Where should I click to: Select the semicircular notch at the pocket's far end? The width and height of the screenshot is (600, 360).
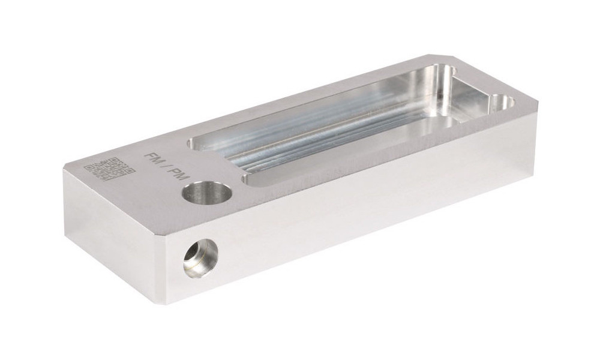(x=503, y=103)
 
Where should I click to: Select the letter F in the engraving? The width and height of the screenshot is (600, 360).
(x=149, y=156)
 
